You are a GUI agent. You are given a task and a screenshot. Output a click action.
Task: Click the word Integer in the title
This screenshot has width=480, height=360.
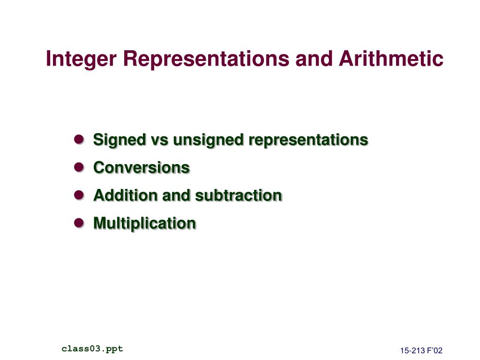[x=81, y=59]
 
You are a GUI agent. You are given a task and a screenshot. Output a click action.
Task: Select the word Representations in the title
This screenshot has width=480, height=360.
[x=206, y=58]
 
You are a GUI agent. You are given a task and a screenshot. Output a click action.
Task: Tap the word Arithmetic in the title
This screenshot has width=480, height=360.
[x=391, y=58]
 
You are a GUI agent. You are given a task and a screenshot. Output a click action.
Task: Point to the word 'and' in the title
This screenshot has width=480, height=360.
[x=314, y=58]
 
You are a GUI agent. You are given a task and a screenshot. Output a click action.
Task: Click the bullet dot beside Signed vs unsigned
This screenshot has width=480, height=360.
[x=79, y=139]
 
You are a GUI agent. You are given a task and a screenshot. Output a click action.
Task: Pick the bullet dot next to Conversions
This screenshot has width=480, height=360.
[x=79, y=167]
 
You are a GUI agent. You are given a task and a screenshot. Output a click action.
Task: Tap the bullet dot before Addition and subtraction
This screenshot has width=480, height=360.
[x=79, y=195]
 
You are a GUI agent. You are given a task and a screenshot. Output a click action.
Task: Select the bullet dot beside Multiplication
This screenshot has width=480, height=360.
[x=79, y=223]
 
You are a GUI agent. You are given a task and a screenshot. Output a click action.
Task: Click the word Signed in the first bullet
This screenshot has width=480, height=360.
[x=120, y=141]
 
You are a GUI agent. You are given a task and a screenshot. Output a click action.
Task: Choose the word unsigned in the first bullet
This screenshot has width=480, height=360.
[x=209, y=141]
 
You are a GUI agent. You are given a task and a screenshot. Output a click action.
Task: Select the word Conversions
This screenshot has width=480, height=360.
[x=142, y=167]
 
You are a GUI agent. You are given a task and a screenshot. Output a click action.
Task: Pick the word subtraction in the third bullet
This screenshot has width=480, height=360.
[x=239, y=195]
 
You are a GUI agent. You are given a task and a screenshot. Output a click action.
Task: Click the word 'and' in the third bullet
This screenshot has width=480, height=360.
[x=176, y=195]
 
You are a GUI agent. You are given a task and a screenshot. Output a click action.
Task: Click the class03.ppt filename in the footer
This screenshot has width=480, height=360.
[x=92, y=349]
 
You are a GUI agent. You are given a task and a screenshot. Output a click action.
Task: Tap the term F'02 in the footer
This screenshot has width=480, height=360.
[x=435, y=351]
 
